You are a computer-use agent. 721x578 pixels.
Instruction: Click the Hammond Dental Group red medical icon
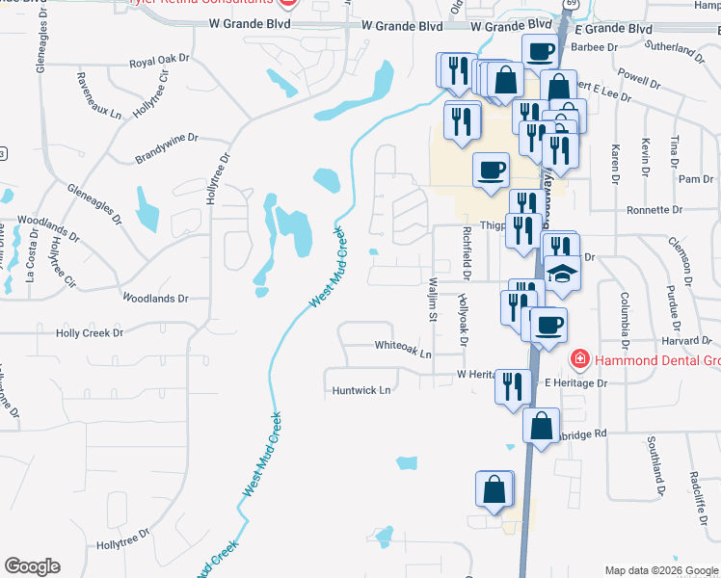pos(580,360)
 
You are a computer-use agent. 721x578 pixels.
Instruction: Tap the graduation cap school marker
pos(563,274)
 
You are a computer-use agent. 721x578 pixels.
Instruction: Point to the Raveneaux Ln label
pos(101,96)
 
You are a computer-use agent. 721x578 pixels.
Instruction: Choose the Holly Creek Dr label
pos(90,333)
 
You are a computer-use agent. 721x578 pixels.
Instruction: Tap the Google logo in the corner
pos(32,566)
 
